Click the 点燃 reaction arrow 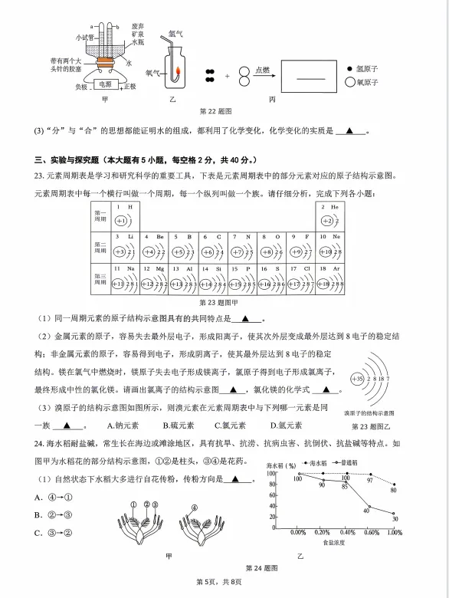pyautogui.click(x=262, y=75)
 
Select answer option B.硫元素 pyautogui.click(x=176, y=426)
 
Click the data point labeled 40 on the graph pyautogui.click(x=367, y=510)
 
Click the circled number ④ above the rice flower pyautogui.click(x=193, y=508)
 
